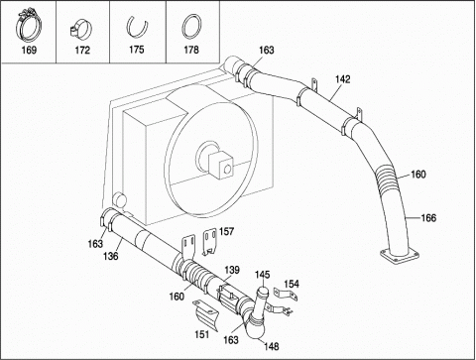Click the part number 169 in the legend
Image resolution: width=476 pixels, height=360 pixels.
point(29,51)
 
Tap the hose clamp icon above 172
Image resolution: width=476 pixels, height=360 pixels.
point(80,30)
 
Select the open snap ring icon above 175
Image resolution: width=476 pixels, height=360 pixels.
point(137,26)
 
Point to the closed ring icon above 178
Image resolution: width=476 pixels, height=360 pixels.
point(191,27)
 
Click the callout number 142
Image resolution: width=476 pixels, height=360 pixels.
point(342,79)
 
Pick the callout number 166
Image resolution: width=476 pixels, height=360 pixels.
point(428,218)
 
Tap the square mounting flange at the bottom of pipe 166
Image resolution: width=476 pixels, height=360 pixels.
point(400,256)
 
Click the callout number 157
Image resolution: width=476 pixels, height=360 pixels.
point(226,231)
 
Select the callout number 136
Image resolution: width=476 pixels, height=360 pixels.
point(110,256)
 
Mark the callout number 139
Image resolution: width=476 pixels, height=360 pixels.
point(232,270)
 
